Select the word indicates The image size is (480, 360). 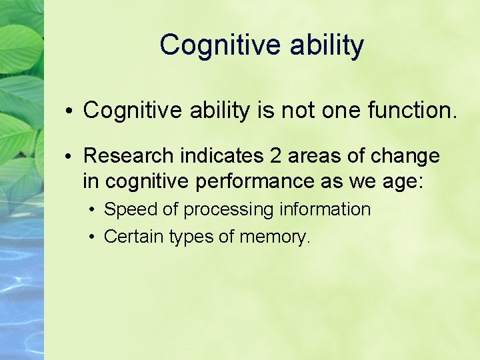(x=224, y=156)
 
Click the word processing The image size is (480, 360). (x=229, y=209)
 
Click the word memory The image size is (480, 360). (x=276, y=236)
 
